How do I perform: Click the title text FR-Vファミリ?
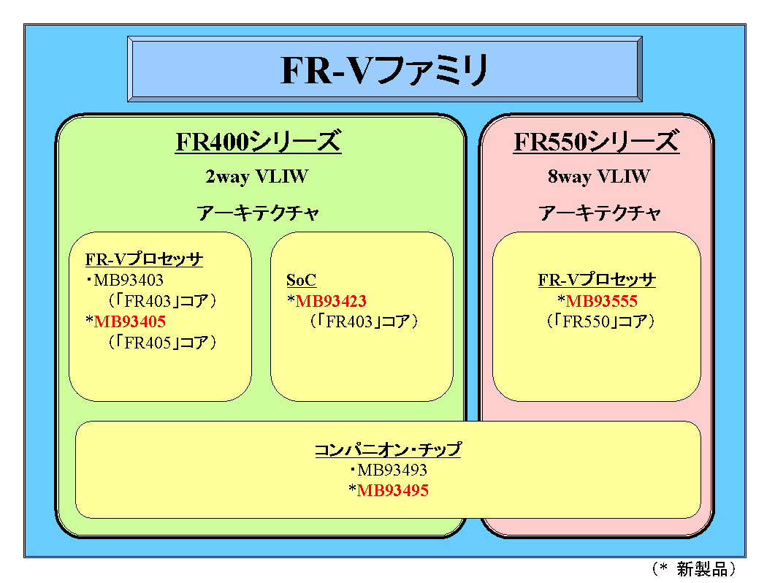(x=384, y=71)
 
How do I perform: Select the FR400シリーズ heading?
(x=258, y=142)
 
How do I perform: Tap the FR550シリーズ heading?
(x=596, y=142)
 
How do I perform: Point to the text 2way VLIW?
(x=257, y=177)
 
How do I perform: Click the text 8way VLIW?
(x=598, y=177)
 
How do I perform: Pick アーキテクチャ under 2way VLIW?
(x=258, y=213)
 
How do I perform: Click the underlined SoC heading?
(x=301, y=281)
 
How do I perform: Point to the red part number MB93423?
(x=331, y=301)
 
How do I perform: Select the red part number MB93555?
(x=602, y=301)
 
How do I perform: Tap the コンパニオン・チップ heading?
(x=387, y=450)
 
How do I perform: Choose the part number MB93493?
(x=392, y=471)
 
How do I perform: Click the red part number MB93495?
(x=392, y=491)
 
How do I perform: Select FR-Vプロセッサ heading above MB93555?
(x=597, y=281)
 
